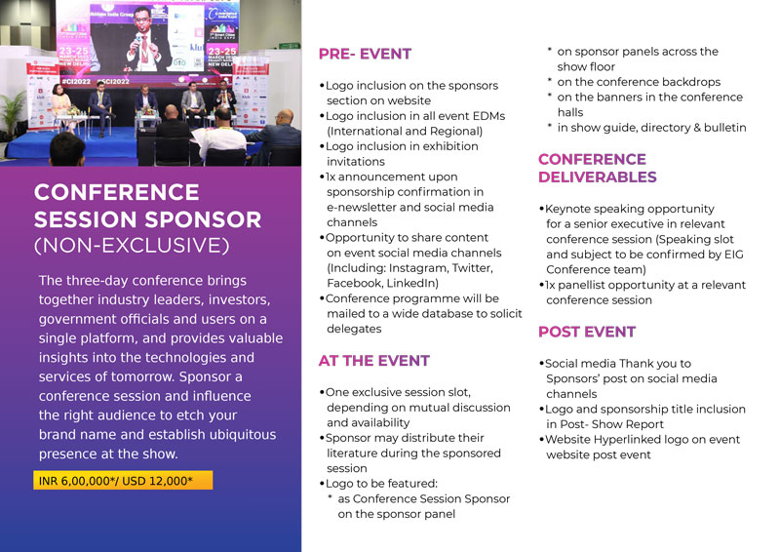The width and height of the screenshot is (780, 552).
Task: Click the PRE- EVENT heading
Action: [365, 54]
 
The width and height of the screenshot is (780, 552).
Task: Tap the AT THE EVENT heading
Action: [374, 361]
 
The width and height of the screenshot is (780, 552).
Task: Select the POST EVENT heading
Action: [587, 332]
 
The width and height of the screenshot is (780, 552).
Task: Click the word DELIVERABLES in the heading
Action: [598, 177]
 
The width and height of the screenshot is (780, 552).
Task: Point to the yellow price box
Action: [123, 481]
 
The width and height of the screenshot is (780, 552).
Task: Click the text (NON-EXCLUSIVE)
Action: [132, 246]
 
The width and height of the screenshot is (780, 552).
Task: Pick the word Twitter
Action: [473, 268]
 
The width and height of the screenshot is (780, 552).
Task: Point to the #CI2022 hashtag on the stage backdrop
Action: [76, 81]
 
